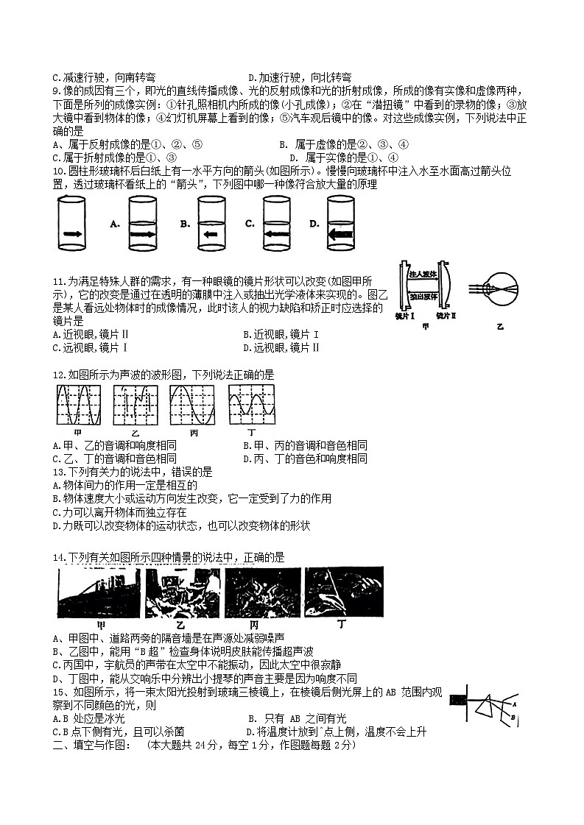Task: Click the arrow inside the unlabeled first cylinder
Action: pos(71,233)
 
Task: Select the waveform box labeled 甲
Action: pos(77,403)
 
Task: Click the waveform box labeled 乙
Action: pos(136,403)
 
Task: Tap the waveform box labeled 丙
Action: pos(193,403)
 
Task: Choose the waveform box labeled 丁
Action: pos(251,403)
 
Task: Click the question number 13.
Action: pos(59,472)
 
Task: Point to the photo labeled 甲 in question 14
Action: pos(99,592)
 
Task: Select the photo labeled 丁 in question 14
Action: pos(344,592)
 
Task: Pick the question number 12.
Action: pos(59,375)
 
